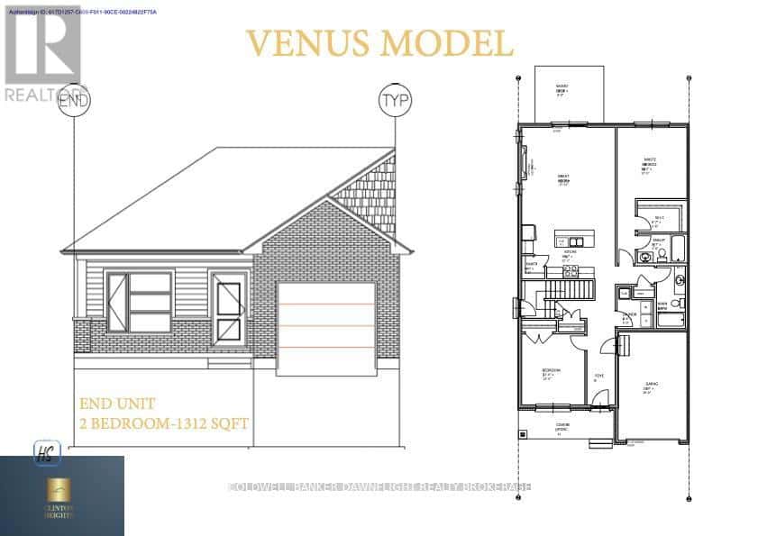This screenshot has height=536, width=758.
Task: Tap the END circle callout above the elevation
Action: [75, 99]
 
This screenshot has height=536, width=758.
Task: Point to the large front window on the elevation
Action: [139, 303]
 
